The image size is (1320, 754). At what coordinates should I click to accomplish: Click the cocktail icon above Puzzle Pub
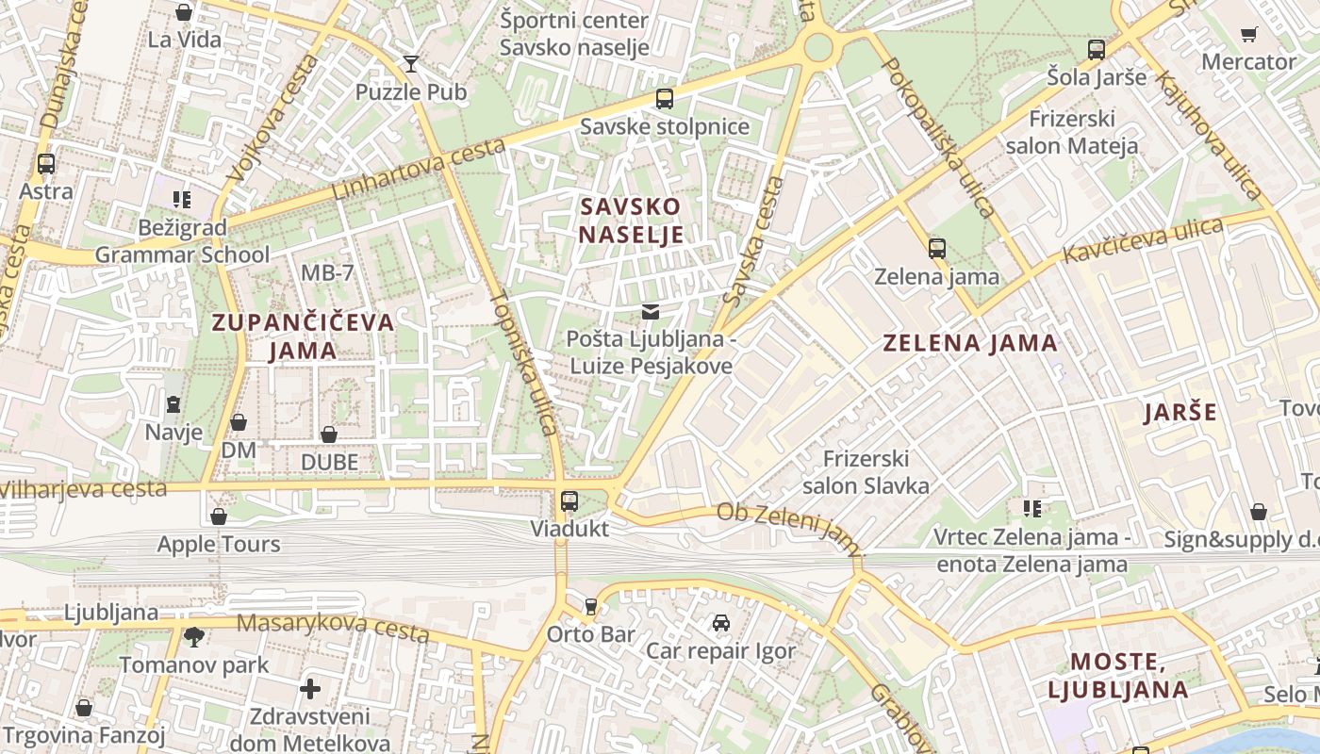411,64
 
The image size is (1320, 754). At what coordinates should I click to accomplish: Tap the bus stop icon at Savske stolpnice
665,98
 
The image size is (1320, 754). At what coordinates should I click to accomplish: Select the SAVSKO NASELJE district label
631,221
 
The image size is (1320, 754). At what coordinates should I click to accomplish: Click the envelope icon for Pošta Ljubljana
651,311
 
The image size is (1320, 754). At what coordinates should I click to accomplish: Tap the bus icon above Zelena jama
936,249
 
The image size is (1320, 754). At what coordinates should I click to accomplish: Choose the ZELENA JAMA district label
970,343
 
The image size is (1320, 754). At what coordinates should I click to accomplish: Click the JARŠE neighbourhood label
1180,413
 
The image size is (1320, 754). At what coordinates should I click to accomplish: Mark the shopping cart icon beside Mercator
1249,35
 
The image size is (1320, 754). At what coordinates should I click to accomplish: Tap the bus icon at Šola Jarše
1097,50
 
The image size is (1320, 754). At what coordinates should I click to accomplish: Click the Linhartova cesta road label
419,170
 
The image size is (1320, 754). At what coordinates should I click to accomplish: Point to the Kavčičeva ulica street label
1143,241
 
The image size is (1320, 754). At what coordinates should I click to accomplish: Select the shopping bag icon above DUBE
329,434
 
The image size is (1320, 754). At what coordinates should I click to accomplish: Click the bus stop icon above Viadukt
569,500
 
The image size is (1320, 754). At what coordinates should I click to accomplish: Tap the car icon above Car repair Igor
720,623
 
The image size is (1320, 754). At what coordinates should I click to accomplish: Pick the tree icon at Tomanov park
194,637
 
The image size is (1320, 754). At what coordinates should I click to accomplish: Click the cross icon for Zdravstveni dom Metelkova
310,689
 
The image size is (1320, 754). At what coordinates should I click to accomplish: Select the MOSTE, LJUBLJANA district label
1118,675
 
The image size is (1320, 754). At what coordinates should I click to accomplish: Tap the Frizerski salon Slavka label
866,472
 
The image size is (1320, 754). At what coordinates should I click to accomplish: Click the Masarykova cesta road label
333,627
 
